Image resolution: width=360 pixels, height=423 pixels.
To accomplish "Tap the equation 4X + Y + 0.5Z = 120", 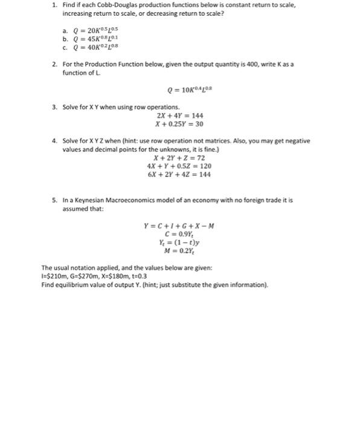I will point(179,166).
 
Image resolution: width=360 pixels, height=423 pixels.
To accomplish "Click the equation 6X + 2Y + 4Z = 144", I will point(179,175).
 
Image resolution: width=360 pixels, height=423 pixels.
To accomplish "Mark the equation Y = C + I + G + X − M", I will point(179,227).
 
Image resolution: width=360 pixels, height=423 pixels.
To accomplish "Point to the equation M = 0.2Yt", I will point(179,253).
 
